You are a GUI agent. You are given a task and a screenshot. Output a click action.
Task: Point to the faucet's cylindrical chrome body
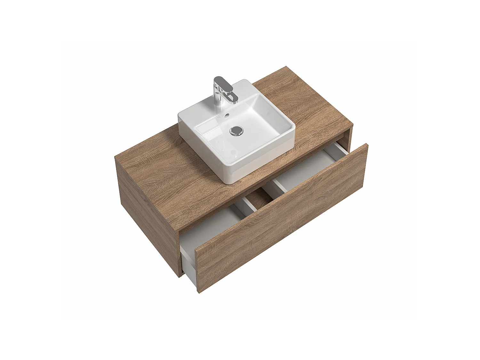tap(218, 98)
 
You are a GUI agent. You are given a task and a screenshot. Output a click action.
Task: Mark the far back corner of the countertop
tap(286, 67)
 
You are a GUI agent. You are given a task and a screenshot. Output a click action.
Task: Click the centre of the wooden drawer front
tap(282, 218)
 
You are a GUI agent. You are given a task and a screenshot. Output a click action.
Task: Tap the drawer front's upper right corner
tap(367, 145)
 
